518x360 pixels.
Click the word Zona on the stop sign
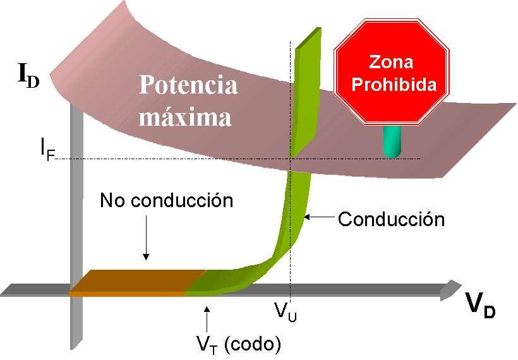coord(392,63)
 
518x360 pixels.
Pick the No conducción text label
coord(167,201)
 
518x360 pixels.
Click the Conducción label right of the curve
coord(391,219)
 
